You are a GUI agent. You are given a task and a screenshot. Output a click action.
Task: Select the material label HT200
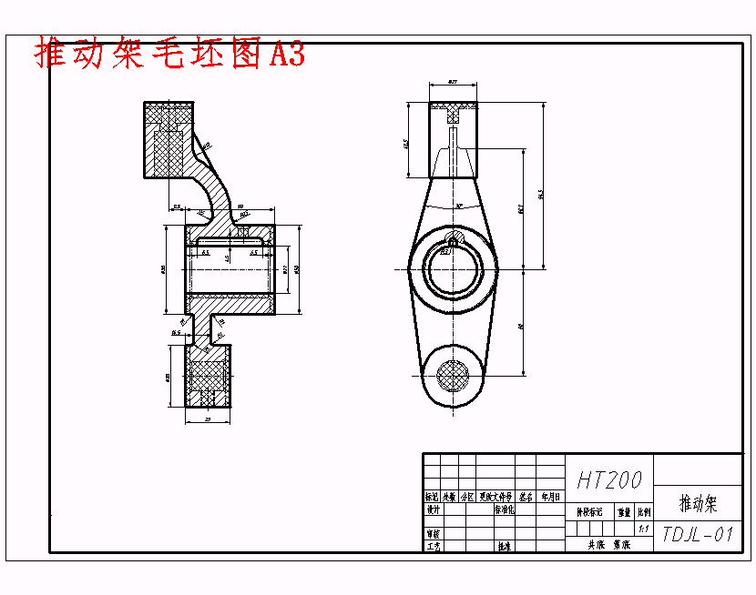609,479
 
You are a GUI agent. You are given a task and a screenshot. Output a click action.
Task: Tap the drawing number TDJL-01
698,534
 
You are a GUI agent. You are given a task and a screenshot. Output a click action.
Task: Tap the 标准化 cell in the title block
504,510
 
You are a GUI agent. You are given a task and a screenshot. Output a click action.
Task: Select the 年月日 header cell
551,498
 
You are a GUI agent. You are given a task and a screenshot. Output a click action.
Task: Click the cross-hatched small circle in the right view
453,374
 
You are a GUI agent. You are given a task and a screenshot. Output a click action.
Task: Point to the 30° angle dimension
459,207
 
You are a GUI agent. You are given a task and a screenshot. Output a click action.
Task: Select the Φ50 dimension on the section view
296,269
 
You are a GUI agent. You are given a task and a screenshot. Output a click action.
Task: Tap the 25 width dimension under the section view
208,419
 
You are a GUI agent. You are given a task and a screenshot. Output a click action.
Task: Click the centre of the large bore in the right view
453,269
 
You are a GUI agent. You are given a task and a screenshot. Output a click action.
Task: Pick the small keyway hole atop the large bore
453,242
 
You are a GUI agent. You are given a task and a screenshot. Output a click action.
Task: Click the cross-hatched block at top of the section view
169,138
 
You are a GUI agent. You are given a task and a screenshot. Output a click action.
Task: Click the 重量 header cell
624,512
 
